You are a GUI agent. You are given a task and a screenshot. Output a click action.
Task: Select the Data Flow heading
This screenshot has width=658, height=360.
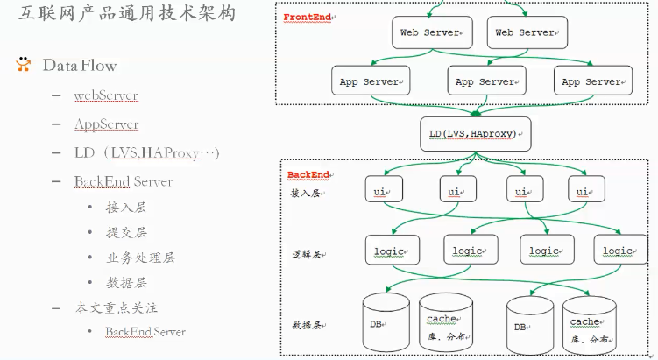(x=80, y=66)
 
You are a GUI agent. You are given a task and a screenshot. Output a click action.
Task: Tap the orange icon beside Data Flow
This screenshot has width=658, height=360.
(x=23, y=65)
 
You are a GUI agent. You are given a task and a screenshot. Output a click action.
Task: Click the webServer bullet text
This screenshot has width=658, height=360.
(x=106, y=95)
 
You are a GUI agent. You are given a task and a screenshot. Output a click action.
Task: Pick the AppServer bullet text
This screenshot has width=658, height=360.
(x=106, y=124)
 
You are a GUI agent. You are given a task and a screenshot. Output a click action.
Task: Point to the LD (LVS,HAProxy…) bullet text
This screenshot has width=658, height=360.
(x=146, y=152)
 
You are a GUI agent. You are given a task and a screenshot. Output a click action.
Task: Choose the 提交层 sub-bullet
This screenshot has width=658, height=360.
(x=126, y=232)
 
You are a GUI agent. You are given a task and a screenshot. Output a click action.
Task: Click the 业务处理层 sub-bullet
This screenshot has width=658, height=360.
(x=140, y=258)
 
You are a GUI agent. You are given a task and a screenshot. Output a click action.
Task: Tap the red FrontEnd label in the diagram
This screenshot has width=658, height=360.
(x=307, y=18)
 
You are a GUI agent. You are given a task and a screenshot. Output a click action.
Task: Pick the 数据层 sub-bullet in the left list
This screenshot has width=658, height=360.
(x=126, y=282)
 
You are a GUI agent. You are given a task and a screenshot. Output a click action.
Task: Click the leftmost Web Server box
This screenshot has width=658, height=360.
(x=429, y=32)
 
